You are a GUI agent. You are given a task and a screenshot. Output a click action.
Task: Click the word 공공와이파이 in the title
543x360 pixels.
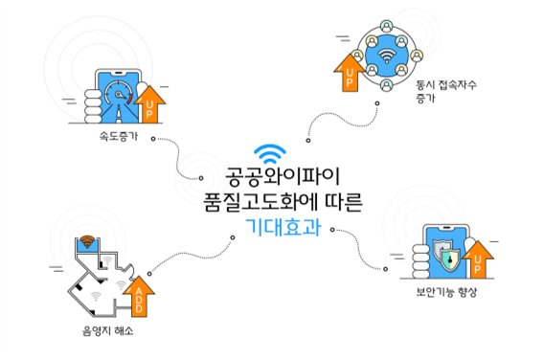point(271,179)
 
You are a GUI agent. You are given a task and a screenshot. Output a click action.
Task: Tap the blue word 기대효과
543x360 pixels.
point(271,228)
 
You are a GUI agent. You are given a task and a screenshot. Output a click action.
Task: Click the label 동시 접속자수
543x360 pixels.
point(446,84)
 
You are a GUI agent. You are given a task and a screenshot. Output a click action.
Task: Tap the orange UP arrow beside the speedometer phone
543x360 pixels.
point(151,102)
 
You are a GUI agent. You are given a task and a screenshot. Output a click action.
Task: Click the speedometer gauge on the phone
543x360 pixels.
point(119,97)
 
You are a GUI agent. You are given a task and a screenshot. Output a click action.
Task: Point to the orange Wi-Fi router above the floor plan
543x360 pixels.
point(87,242)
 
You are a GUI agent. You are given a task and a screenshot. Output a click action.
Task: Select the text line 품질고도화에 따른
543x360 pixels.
point(271,203)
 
